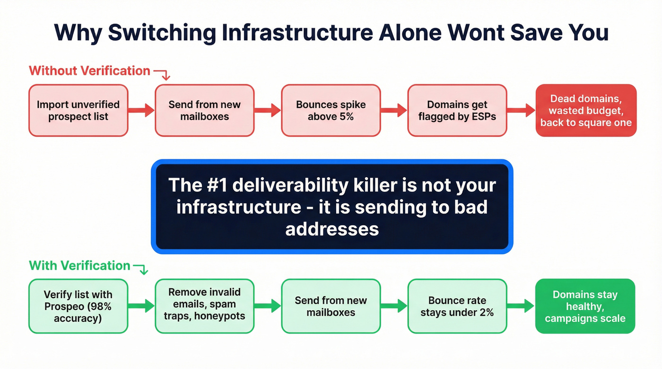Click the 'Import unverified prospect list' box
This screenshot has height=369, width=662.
click(78, 111)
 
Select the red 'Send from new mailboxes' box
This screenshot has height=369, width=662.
click(204, 111)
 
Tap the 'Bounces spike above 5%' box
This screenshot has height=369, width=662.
click(331, 111)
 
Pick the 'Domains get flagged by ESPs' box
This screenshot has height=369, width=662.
click(457, 111)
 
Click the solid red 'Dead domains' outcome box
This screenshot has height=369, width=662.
click(586, 111)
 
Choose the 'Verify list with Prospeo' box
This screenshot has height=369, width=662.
click(78, 306)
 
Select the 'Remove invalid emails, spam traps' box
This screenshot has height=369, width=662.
click(204, 306)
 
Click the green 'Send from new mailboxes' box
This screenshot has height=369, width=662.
click(331, 306)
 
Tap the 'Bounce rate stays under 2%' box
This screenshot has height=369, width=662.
click(457, 306)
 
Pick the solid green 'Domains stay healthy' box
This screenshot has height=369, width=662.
click(585, 306)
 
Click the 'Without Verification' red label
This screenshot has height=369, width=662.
click(89, 71)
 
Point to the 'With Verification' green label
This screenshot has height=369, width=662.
click(79, 266)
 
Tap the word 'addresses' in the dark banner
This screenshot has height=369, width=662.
click(332, 229)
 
